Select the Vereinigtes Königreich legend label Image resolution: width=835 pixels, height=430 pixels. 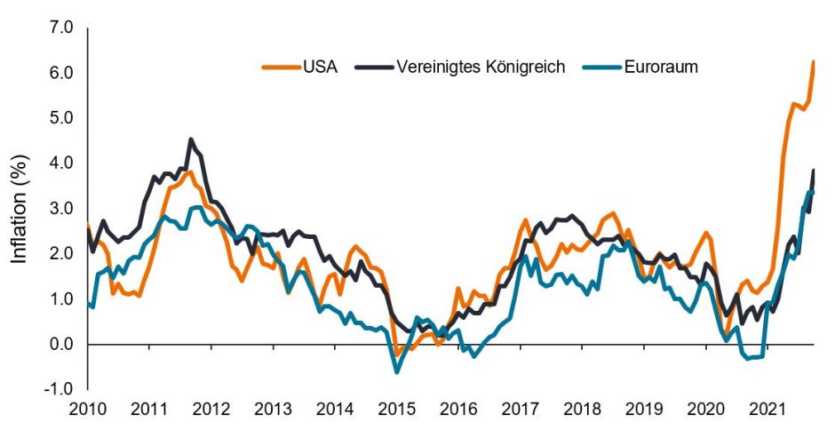click(x=481, y=68)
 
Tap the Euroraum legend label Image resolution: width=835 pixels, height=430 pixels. click(x=662, y=68)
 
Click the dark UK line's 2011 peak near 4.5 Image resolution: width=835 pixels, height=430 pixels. click(x=191, y=139)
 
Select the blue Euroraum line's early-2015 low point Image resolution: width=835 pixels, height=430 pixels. click(x=397, y=370)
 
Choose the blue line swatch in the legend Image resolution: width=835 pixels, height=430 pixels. click(x=597, y=68)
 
